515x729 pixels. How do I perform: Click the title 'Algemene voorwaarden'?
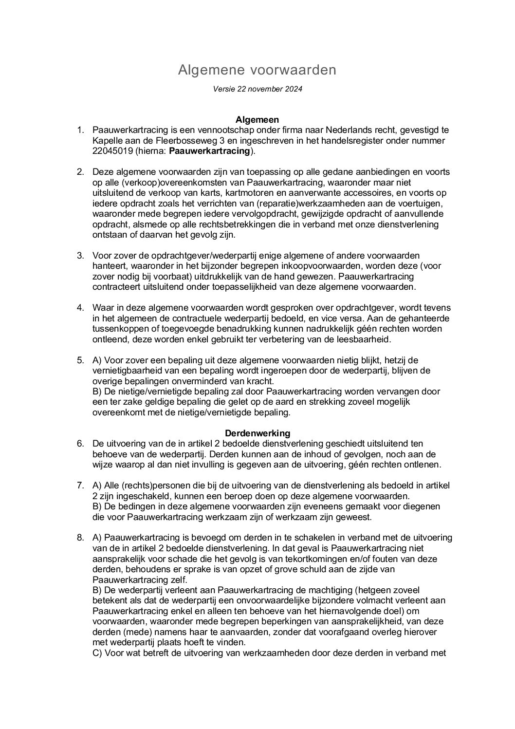(x=257, y=70)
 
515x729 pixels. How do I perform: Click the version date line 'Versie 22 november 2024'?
(x=257, y=89)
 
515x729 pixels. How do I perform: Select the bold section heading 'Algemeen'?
(x=257, y=119)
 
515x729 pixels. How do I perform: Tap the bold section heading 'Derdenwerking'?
(x=257, y=433)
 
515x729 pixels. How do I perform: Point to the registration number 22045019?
(x=111, y=151)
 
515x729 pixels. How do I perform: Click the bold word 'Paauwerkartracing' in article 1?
(x=209, y=151)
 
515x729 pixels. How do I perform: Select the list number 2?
(x=80, y=172)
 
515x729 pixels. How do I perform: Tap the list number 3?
(x=80, y=256)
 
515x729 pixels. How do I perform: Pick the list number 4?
(x=80, y=308)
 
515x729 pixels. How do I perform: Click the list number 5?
(x=80, y=360)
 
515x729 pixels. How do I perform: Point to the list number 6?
(x=80, y=444)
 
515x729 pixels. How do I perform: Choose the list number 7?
(x=80, y=486)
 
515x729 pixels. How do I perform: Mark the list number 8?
(x=80, y=538)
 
